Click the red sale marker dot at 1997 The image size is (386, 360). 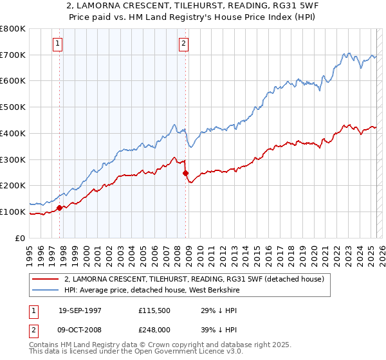click(x=60, y=208)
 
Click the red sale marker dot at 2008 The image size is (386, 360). click(x=186, y=173)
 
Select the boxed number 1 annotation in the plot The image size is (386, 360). click(x=57, y=44)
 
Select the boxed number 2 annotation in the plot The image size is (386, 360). click(x=183, y=44)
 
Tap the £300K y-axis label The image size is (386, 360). click(x=13, y=159)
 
